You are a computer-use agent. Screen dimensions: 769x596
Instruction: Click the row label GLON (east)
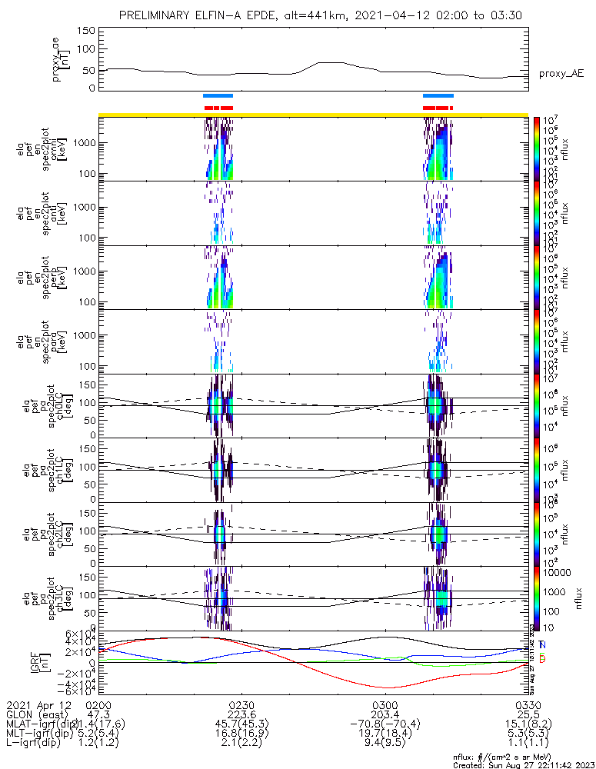38,714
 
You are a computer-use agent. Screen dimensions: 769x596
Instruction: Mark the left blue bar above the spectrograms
218,95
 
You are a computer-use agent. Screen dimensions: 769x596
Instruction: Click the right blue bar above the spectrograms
438,95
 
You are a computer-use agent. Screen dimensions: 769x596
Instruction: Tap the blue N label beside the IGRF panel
542,644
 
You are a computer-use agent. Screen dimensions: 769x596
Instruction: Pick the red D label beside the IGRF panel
542,659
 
